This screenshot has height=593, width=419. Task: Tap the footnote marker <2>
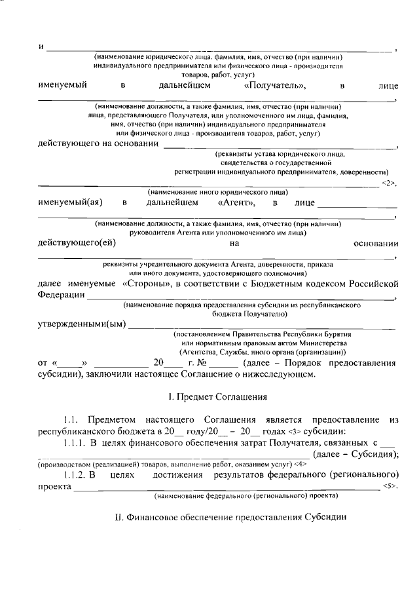tap(390, 183)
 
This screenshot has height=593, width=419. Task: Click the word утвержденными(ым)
tap(81, 324)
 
